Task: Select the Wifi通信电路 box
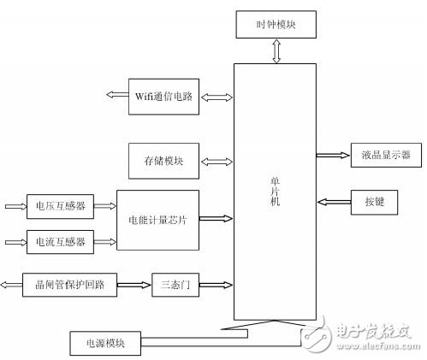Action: tap(164, 97)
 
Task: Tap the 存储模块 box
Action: tap(164, 160)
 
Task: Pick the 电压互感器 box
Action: tap(60, 206)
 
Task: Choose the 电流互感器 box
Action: tap(60, 241)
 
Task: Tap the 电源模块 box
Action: tap(104, 343)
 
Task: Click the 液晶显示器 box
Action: tap(381, 155)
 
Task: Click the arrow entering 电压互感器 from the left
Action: tap(15, 206)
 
